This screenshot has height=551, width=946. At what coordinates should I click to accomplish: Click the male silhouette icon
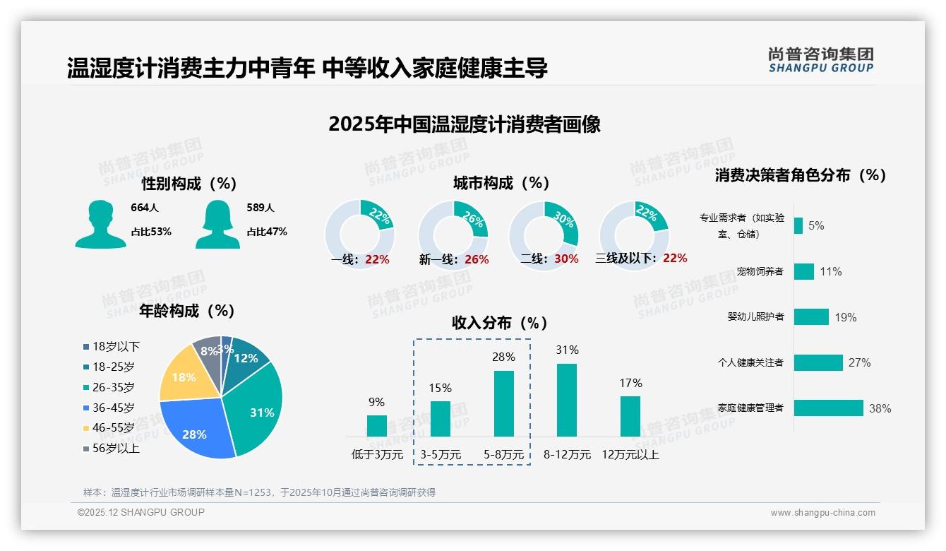(x=100, y=224)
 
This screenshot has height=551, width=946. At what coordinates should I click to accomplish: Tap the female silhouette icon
(x=217, y=224)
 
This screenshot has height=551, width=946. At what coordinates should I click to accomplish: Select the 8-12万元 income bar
(x=567, y=400)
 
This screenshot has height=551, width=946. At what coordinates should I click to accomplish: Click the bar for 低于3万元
(x=376, y=426)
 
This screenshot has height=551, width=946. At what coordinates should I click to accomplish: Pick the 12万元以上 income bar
(x=630, y=416)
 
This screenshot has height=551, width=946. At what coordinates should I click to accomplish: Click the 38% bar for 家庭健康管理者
(x=829, y=408)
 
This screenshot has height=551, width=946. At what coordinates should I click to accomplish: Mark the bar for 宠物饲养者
(x=804, y=271)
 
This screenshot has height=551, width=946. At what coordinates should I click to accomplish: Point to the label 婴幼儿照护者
(x=755, y=316)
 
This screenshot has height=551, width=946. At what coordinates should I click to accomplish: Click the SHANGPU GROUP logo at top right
(x=821, y=60)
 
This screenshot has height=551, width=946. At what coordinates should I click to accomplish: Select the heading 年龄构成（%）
(x=187, y=310)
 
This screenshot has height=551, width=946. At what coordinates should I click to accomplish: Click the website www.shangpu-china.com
(x=822, y=513)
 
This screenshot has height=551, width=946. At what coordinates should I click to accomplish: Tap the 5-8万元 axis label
(x=503, y=455)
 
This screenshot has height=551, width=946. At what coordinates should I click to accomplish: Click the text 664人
(x=145, y=208)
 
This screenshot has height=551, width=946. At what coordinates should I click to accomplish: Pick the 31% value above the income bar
(x=567, y=350)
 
